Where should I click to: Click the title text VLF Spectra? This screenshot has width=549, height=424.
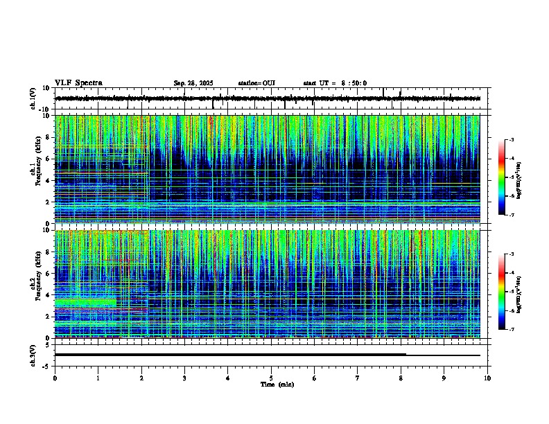coord(78,83)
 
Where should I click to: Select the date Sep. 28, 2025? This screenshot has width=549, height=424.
coord(193,83)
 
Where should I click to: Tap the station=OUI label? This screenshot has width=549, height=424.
coord(256,83)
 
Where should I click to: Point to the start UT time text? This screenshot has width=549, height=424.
coord(335,83)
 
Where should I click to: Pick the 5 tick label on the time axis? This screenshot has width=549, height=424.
coord(271,378)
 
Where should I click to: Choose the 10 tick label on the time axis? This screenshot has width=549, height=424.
coord(487,378)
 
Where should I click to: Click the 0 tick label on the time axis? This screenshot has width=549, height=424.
coord(55,378)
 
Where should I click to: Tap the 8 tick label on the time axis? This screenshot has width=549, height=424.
coord(401,378)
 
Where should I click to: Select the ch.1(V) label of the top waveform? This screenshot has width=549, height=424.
coord(33,99)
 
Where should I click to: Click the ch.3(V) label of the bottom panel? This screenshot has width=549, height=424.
coord(33,354)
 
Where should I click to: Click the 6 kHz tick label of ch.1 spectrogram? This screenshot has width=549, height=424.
coord(49,159)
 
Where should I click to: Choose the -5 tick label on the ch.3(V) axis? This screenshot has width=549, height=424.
coord(47,365)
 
